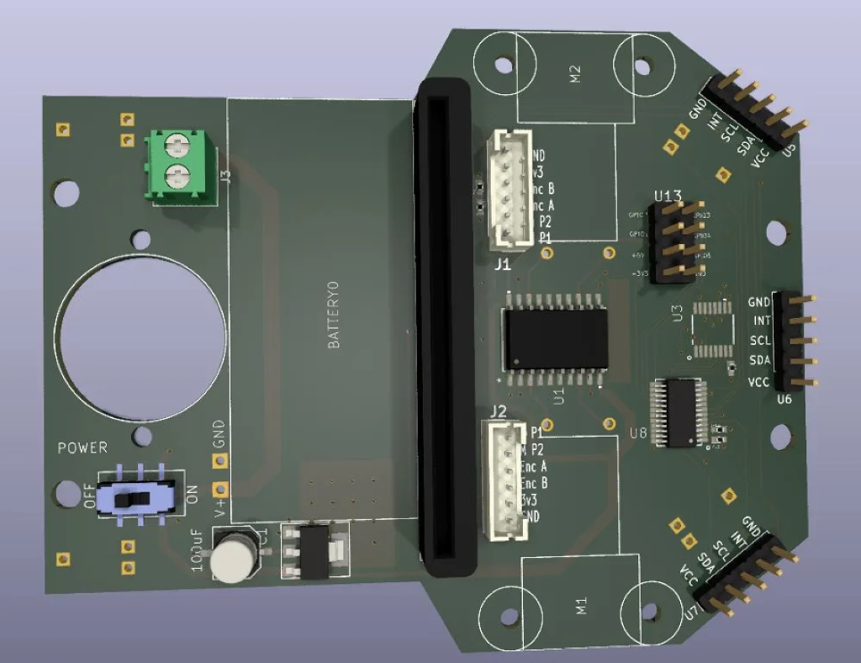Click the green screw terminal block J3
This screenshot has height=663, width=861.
point(177,166)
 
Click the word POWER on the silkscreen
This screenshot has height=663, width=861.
point(82,448)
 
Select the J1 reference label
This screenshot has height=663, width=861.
point(502,264)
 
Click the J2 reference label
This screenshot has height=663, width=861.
point(498,411)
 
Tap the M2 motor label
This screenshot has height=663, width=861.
point(575,73)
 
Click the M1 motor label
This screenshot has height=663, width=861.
point(580,607)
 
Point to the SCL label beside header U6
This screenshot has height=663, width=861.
point(760,341)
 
